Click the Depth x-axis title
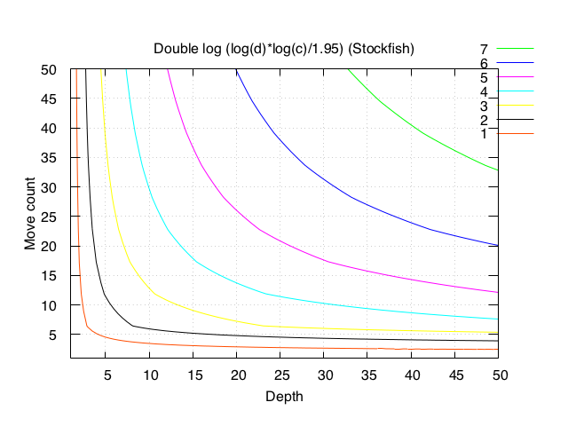pyautogui.click(x=284, y=396)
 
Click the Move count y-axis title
pyautogui.click(x=29, y=214)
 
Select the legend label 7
pyautogui.click(x=484, y=49)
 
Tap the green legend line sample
pyautogui.click(x=515, y=48)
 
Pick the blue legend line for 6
pyautogui.click(x=515, y=62)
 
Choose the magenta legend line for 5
pyautogui.click(x=515, y=76)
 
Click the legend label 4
pyautogui.click(x=484, y=91)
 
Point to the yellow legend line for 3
pyautogui.click(x=515, y=105)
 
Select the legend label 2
pyautogui.click(x=484, y=120)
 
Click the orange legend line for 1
pyautogui.click(x=515, y=133)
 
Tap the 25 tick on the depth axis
pyautogui.click(x=281, y=375)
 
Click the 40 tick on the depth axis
pyautogui.click(x=413, y=375)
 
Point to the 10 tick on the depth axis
pyautogui.click(x=150, y=375)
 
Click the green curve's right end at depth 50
pyautogui.click(x=499, y=170)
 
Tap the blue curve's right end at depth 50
pyautogui.click(x=499, y=245)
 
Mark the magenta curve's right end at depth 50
pyautogui.click(x=499, y=292)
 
